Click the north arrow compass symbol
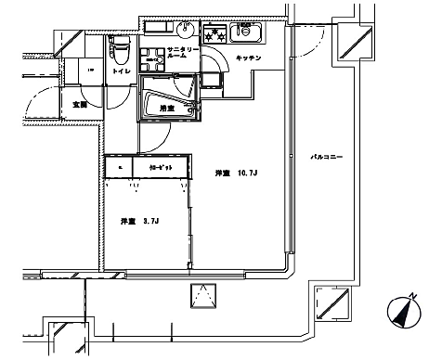401,313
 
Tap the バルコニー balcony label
326,158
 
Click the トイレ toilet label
120,71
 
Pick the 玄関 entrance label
79,105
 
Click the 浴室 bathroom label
167,109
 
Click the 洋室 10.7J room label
237,173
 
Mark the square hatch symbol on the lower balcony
203,298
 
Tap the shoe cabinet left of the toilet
91,71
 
